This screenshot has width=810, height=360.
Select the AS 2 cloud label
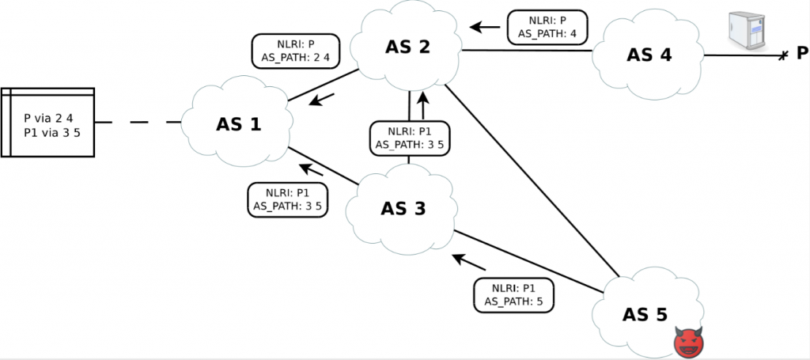click(x=407, y=47)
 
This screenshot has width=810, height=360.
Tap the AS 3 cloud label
click(x=403, y=208)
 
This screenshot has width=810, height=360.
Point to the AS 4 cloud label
click(x=649, y=55)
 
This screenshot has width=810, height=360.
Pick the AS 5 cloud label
click(x=645, y=314)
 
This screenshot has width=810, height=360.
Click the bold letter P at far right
click(x=801, y=54)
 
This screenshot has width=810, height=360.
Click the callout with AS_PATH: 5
click(x=513, y=295)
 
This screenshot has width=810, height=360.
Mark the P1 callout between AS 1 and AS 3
click(x=287, y=199)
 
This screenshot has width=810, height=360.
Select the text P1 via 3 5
click(x=52, y=131)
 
